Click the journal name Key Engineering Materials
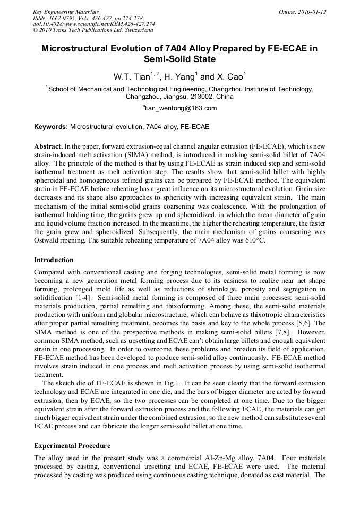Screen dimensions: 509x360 pyautogui.click(x=65, y=12)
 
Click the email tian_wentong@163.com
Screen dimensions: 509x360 pyautogui.click(x=181, y=108)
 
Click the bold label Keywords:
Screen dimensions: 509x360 pyautogui.click(x=51, y=127)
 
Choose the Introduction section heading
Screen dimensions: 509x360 pyautogui.click(x=54, y=260)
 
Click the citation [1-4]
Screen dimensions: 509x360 pyautogui.click(x=71, y=298)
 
